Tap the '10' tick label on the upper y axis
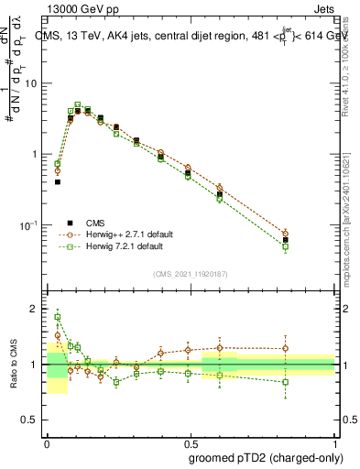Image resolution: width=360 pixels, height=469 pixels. point(34,83)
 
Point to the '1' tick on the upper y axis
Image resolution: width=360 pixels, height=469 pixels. point(37,154)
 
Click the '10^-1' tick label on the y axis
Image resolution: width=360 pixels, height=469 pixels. point(32,225)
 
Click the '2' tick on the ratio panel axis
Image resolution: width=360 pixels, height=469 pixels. point(37,309)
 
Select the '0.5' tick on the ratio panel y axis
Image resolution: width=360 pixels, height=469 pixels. point(33,421)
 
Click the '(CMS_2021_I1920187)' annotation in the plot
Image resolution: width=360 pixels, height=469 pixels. point(190,274)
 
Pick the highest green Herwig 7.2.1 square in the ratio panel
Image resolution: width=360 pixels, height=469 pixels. point(58,318)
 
